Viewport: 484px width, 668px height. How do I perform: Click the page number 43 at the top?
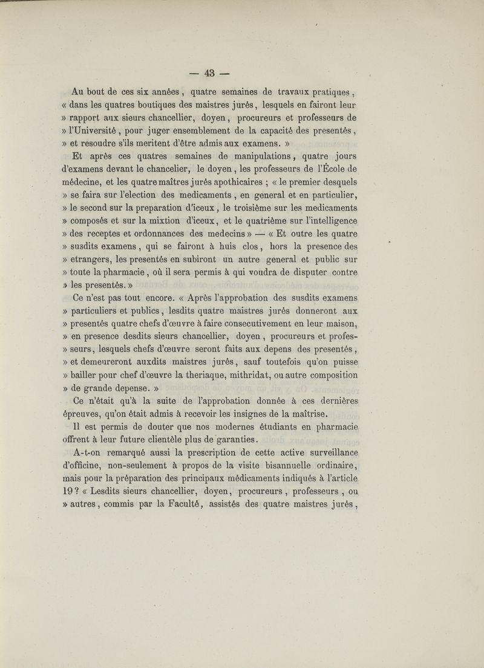(211, 74)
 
